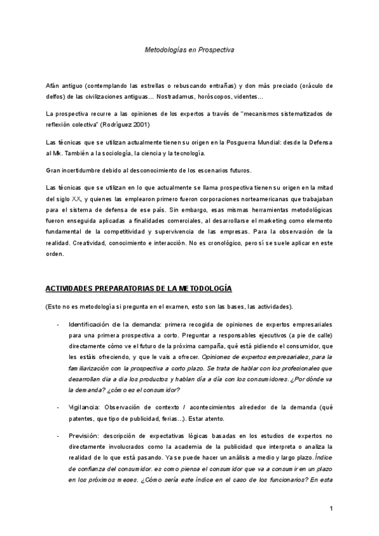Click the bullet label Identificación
[90, 324]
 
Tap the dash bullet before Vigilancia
[58, 408]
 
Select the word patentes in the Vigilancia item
[83, 420]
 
